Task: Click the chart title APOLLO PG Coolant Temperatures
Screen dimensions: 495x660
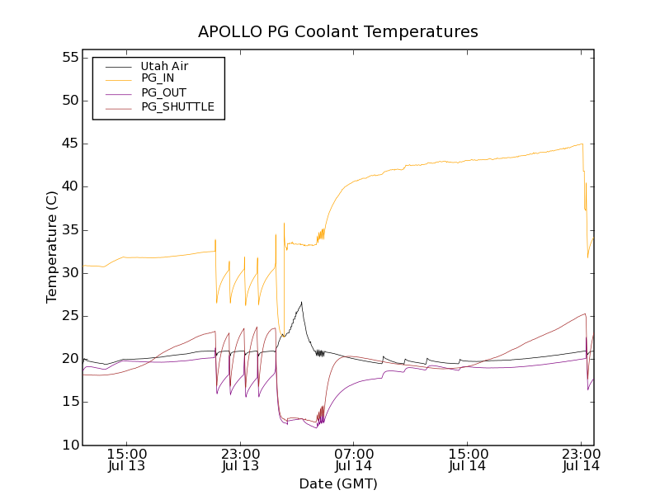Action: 338,32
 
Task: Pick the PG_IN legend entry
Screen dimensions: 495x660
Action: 158,78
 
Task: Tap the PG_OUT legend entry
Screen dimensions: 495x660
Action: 163,92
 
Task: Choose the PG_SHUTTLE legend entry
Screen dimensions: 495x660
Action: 177,106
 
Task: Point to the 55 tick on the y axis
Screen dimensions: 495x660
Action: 68,58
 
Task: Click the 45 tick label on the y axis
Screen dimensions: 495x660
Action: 68,144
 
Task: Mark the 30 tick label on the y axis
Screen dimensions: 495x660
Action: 68,273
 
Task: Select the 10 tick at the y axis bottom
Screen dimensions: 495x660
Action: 68,445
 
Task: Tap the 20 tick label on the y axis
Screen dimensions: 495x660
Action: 68,359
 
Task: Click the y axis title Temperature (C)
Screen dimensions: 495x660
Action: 52,247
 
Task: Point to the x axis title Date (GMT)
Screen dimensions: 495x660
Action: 338,483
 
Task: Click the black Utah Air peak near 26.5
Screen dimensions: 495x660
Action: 301,302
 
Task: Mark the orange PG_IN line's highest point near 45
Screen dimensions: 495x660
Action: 582,144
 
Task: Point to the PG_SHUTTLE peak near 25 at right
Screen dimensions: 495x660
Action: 585,313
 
